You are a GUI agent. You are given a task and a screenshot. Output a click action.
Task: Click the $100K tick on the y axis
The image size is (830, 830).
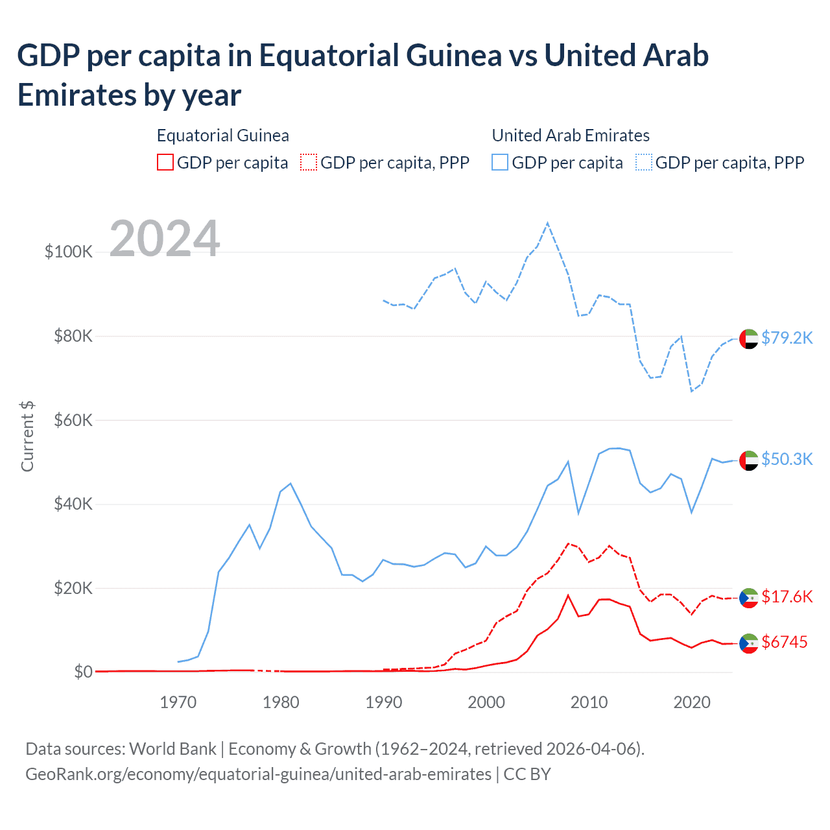click(69, 252)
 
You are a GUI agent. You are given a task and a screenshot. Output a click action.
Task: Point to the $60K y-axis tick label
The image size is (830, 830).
click(73, 420)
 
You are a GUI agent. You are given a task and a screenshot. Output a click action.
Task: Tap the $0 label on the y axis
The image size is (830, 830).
click(83, 672)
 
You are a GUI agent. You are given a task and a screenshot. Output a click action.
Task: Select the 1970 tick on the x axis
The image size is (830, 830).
click(178, 702)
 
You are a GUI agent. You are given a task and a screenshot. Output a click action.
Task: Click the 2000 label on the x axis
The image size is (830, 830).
click(486, 702)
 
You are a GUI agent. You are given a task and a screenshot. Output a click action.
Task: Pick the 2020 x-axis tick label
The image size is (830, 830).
click(692, 702)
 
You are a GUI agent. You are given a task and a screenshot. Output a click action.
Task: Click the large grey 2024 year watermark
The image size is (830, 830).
click(165, 239)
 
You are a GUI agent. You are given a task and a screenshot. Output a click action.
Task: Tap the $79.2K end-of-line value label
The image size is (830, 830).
click(787, 338)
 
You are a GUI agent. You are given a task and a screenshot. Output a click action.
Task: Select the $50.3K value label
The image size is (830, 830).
click(787, 459)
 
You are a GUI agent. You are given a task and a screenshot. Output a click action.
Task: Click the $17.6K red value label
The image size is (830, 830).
click(787, 597)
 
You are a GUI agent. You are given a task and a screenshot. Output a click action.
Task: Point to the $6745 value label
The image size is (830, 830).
click(785, 642)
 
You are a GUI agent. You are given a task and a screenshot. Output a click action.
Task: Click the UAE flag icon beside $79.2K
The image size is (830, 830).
click(749, 338)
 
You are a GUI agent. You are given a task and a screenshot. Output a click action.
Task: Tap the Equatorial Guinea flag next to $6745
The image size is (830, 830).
click(749, 643)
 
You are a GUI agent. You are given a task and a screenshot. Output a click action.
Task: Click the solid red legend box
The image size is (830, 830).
click(165, 162)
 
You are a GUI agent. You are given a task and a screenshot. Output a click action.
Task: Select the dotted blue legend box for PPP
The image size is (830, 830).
click(644, 162)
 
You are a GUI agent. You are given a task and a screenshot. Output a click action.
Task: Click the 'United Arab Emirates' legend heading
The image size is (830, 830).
click(571, 136)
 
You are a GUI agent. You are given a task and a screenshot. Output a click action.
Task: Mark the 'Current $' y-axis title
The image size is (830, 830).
click(27, 436)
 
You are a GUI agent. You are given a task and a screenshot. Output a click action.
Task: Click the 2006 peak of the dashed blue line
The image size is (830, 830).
click(548, 223)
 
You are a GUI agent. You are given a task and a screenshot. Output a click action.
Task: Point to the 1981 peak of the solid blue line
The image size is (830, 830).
click(290, 483)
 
